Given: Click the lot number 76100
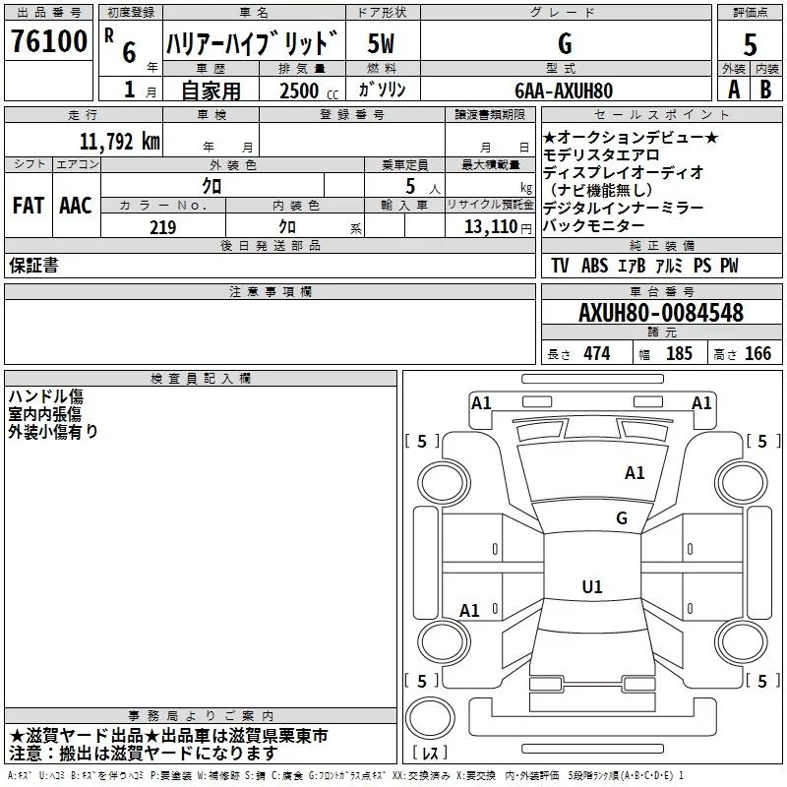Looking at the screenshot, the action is pyautogui.click(x=49, y=41).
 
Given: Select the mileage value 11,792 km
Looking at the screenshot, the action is pyautogui.click(x=120, y=142).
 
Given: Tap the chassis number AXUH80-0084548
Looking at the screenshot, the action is pyautogui.click(x=661, y=312).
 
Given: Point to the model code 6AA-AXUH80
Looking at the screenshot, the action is pyautogui.click(x=564, y=91).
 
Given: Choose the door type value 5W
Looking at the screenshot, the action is pyautogui.click(x=381, y=43).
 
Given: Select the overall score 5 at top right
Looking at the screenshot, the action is pyautogui.click(x=750, y=44).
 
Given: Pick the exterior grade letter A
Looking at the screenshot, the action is pyautogui.click(x=734, y=90).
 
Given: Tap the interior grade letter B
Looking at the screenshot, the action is pyautogui.click(x=765, y=90).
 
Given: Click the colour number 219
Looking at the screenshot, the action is pyautogui.click(x=163, y=227).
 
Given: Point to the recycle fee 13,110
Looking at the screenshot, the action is pyautogui.click(x=491, y=227).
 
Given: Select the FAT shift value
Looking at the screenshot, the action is pyautogui.click(x=29, y=206).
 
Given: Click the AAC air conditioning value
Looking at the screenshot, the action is pyautogui.click(x=76, y=206).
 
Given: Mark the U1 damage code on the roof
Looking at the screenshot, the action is pyautogui.click(x=592, y=586).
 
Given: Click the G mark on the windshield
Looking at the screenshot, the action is pyautogui.click(x=622, y=517).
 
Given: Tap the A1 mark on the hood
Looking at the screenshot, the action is pyautogui.click(x=635, y=473).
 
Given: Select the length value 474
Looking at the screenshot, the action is pyautogui.click(x=597, y=353).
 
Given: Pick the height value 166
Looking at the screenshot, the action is pyautogui.click(x=757, y=353).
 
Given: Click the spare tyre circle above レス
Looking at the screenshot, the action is pyautogui.click(x=430, y=718).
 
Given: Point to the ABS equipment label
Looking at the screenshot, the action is pyautogui.click(x=594, y=266).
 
